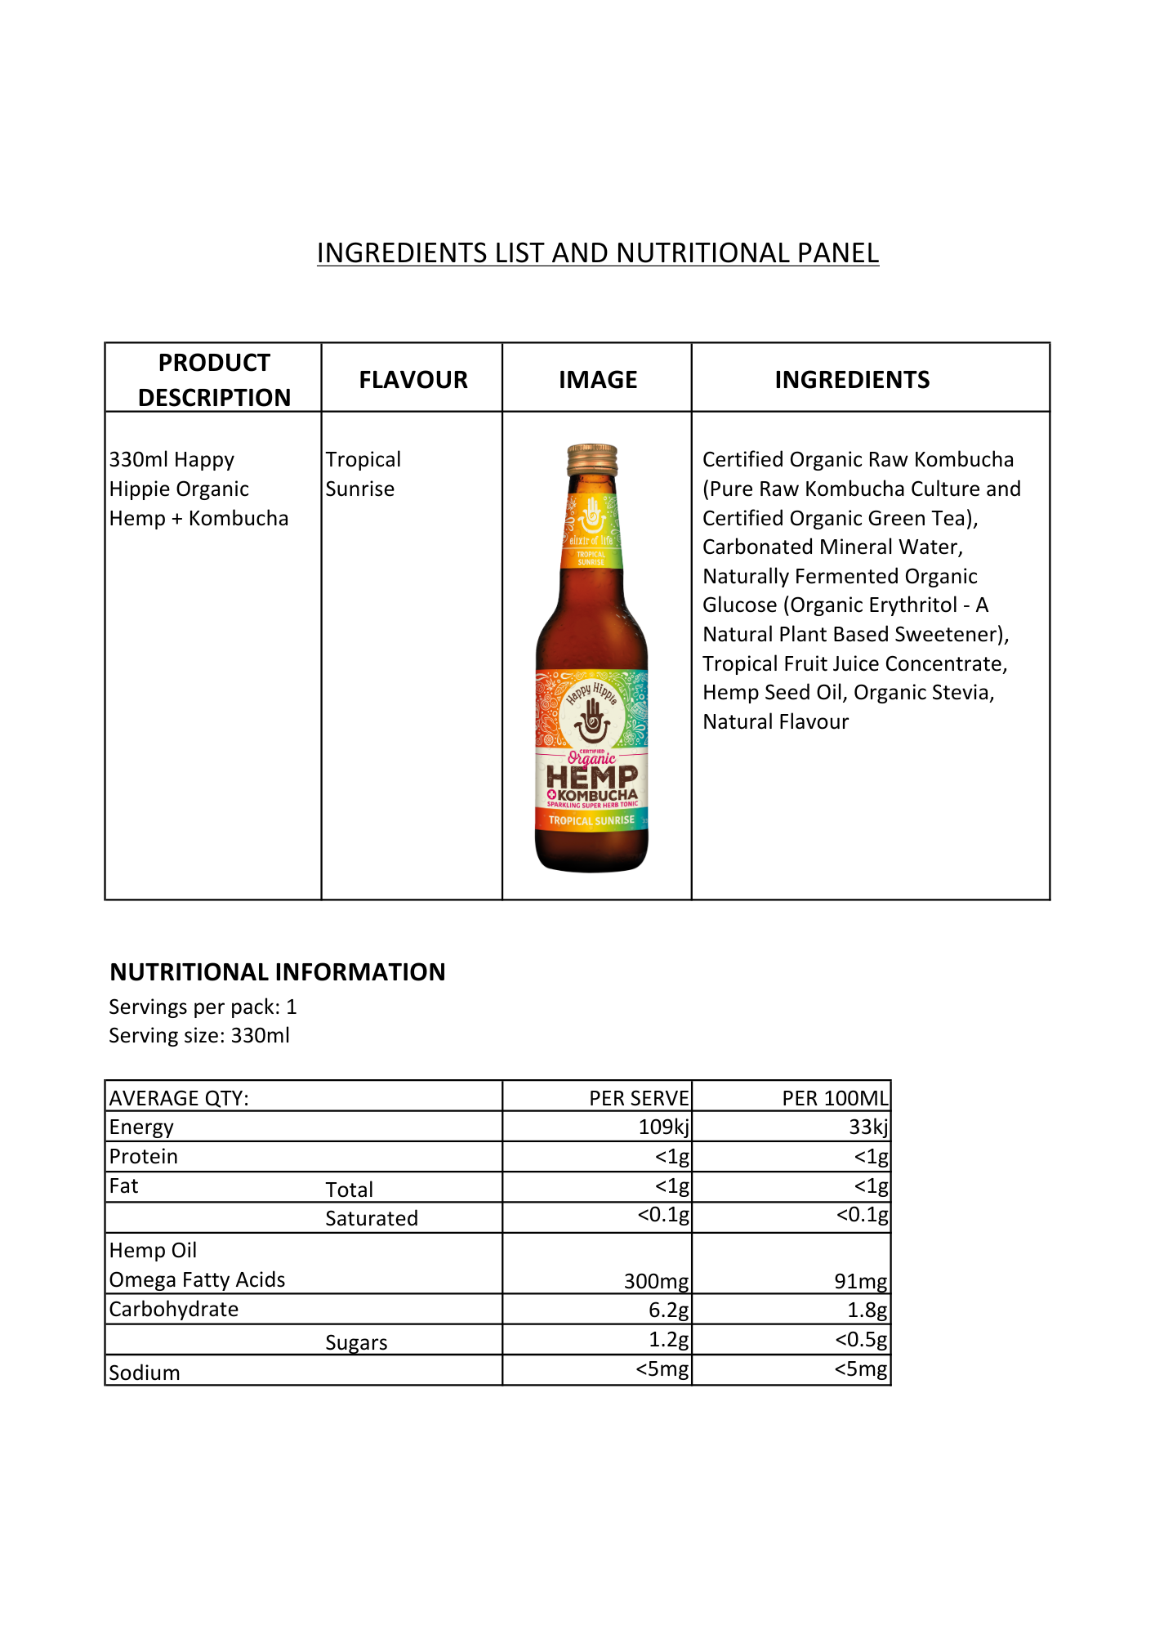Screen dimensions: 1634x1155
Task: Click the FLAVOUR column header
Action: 413,380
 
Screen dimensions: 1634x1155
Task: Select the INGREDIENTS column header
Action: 852,380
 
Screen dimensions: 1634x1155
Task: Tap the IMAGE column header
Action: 598,380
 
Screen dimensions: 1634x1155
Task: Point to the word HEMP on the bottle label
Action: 592,778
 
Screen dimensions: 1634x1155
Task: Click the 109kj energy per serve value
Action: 663,1127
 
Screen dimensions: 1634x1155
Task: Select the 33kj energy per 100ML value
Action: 868,1127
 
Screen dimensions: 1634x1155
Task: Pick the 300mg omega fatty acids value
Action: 656,1281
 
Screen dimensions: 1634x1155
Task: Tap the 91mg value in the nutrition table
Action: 861,1281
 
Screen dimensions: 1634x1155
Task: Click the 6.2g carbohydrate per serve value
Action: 668,1310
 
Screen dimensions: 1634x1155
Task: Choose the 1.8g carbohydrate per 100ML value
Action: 867,1310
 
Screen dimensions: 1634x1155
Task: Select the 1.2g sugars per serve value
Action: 668,1340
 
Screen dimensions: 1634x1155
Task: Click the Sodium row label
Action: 145,1373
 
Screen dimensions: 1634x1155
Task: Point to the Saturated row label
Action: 372,1218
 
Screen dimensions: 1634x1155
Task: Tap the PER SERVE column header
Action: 639,1098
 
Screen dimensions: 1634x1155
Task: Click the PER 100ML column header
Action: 835,1098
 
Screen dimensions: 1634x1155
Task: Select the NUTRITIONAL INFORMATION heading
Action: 278,972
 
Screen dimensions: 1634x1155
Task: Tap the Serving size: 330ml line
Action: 199,1036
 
